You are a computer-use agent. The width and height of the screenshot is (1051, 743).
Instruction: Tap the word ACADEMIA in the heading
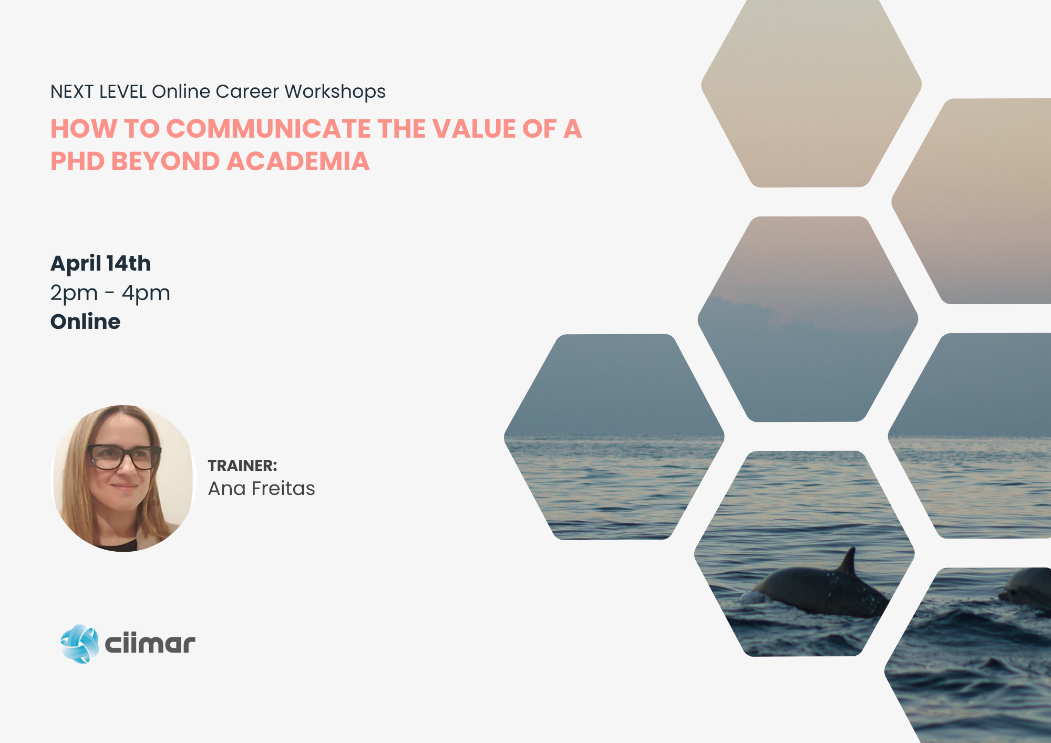coord(298,161)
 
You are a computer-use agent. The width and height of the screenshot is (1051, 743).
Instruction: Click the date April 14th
coord(100,263)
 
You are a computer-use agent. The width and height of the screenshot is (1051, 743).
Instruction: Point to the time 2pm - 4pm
coord(110,293)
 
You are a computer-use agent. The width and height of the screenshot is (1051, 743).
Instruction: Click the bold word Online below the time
coord(85,322)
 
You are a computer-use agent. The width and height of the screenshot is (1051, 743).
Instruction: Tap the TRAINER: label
coord(242,466)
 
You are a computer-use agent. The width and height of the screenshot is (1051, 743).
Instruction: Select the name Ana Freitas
coord(261,489)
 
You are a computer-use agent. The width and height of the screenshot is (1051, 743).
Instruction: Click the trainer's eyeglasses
coord(124,456)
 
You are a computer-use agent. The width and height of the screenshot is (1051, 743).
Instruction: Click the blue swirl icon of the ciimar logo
coord(80,644)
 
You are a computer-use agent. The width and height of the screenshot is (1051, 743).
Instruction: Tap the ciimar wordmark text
coord(150,644)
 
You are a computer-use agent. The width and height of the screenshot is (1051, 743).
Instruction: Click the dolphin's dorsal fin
coord(847,561)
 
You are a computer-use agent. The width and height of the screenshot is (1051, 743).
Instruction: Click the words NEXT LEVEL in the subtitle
coord(98,91)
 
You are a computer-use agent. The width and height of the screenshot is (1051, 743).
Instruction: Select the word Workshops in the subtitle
coord(335,92)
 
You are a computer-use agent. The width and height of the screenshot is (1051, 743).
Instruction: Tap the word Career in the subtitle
coord(247,91)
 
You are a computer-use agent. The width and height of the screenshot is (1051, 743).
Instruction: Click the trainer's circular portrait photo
coord(123,478)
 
